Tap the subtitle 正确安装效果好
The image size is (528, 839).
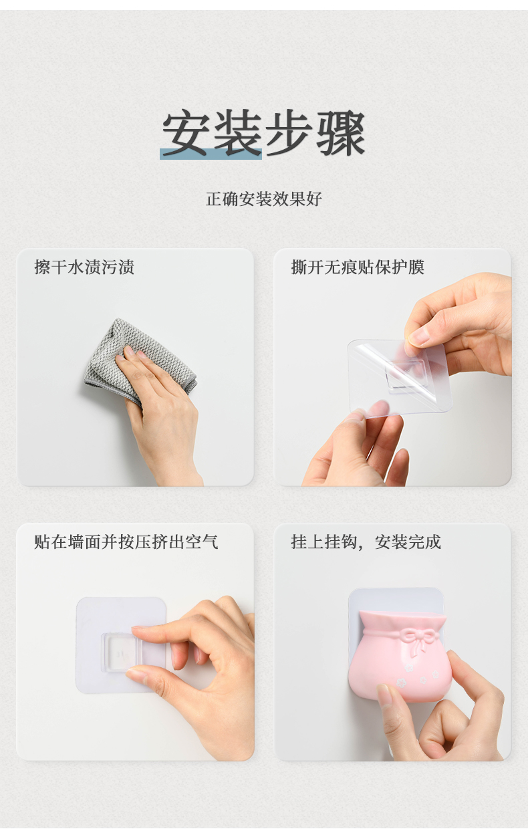(264, 199)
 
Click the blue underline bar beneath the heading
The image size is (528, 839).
(211, 154)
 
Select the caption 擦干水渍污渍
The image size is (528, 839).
(84, 267)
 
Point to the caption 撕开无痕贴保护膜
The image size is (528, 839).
(358, 267)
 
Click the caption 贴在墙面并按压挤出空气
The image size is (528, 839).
(126, 542)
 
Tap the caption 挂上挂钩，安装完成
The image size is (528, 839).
(366, 542)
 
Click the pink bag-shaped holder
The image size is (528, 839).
(399, 655)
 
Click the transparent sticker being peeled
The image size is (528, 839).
(399, 376)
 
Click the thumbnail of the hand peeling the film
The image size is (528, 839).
(392, 367)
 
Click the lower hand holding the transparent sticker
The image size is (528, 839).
(356, 446)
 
